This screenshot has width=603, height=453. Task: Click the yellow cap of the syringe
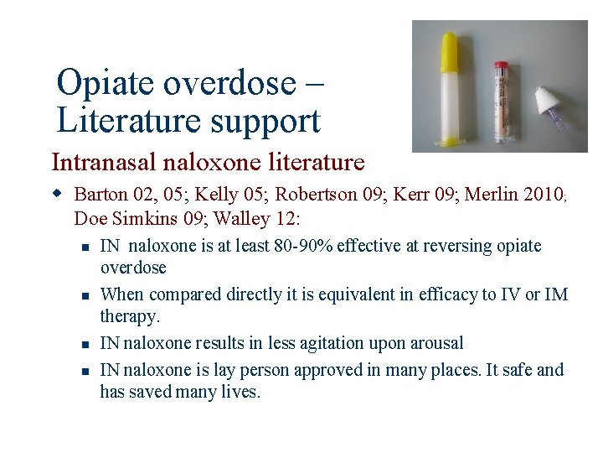coord(451,49)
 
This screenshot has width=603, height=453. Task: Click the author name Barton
coord(100,195)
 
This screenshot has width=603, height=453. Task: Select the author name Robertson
coord(317,195)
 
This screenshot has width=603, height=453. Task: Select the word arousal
coord(435,343)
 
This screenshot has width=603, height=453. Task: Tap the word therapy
coord(128,317)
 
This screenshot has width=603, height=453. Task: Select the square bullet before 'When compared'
coord(85,295)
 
